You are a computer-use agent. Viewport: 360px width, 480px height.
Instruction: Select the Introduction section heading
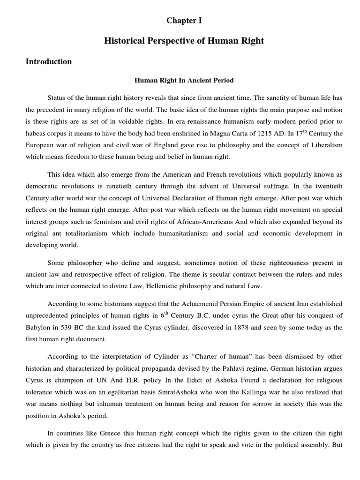[x=49, y=61]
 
